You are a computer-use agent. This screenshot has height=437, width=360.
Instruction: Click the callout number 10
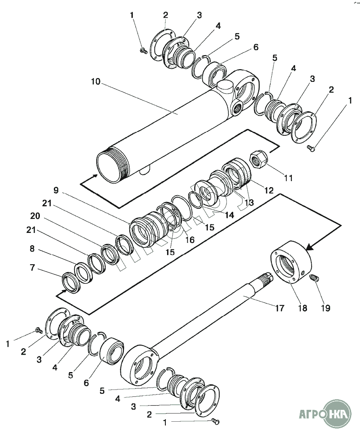coord(95,81)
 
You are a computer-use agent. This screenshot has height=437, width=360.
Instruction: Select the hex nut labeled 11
coord(257,160)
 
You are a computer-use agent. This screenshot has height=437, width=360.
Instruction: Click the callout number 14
coord(229,215)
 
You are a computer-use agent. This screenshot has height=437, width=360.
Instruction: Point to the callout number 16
coord(189,240)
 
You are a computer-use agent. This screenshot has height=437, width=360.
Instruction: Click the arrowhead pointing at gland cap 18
coord(309,247)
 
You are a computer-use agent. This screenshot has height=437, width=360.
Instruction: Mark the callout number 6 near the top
coord(256,47)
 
